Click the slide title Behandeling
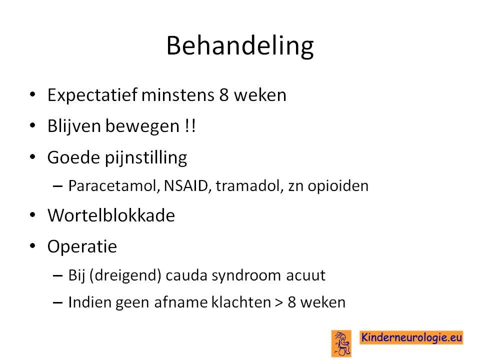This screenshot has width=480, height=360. [x=240, y=46]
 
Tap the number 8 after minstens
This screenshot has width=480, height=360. [x=224, y=94]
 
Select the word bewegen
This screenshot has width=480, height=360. [x=142, y=126]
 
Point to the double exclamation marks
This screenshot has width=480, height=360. [x=190, y=126]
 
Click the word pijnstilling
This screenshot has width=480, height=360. [x=146, y=158]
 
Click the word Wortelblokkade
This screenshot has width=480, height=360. [x=111, y=215]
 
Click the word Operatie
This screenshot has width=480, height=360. [x=82, y=246]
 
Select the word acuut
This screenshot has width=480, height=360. [x=305, y=275]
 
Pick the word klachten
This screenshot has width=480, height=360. [x=241, y=302]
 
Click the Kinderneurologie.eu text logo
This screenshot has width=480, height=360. [x=411, y=337]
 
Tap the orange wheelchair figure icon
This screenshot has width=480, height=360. [x=341, y=343]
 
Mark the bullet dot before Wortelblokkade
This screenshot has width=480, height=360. [x=33, y=215]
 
